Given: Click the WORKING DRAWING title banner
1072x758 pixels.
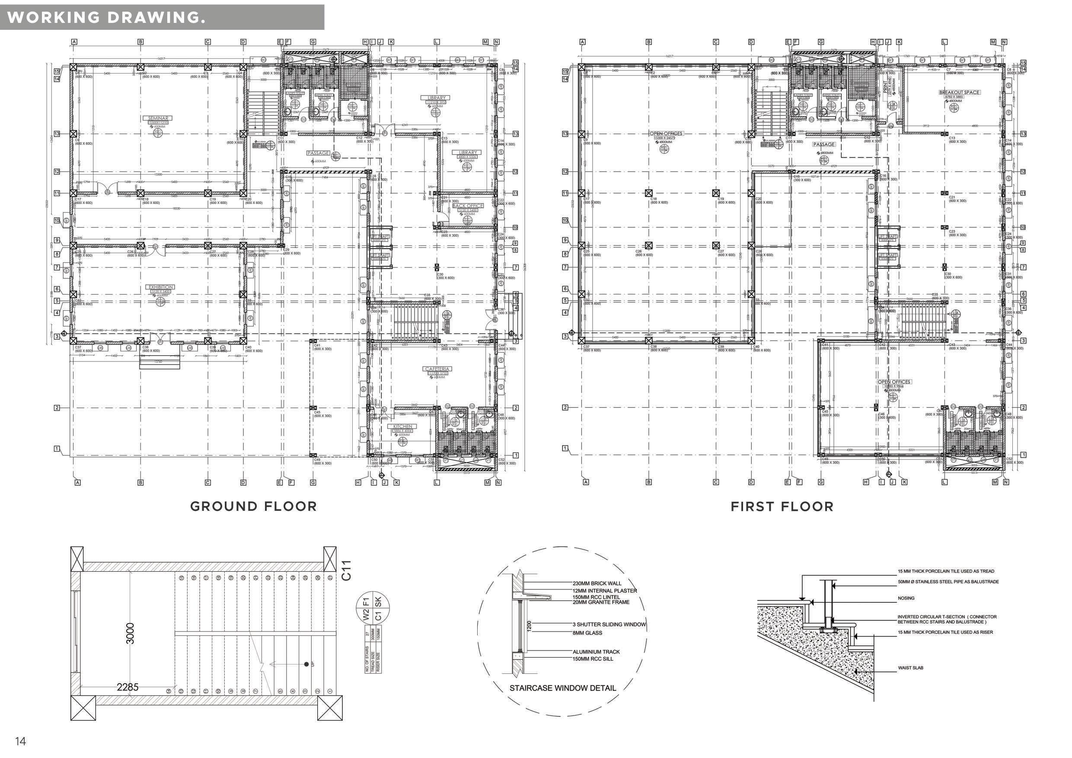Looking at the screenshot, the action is click(x=106, y=17).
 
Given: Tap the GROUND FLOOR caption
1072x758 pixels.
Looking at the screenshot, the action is click(x=253, y=506).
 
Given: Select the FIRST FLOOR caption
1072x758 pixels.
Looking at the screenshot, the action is click(x=782, y=506).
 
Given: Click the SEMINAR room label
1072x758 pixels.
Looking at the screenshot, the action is click(x=159, y=118).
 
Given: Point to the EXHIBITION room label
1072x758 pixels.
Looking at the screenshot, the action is click(x=161, y=287).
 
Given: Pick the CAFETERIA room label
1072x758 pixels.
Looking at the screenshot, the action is click(x=437, y=369).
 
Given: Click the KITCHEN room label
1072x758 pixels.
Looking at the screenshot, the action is click(x=402, y=426).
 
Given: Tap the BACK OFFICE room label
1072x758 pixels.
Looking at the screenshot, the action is click(x=468, y=206).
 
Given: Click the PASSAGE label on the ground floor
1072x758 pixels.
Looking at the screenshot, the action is click(x=318, y=153).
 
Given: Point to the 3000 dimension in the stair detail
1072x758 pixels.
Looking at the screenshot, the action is click(x=130, y=634).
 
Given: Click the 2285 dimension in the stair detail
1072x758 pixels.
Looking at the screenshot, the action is click(x=128, y=687).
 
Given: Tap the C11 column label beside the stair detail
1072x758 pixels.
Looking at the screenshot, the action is click(x=346, y=571).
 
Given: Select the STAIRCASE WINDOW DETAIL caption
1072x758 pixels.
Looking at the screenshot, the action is click(x=563, y=688).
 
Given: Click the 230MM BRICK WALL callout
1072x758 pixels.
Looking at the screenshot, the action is click(x=597, y=583).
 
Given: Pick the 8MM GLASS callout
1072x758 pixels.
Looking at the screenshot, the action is click(x=587, y=633).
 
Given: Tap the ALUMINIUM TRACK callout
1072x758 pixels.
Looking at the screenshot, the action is click(x=596, y=652).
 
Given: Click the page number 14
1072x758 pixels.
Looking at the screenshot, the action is click(x=21, y=741).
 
